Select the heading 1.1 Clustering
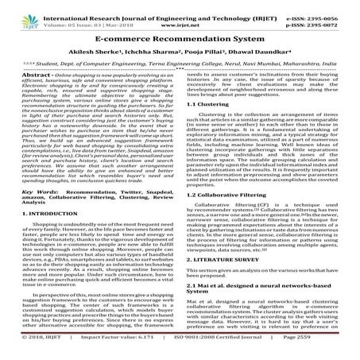point(210,126)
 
